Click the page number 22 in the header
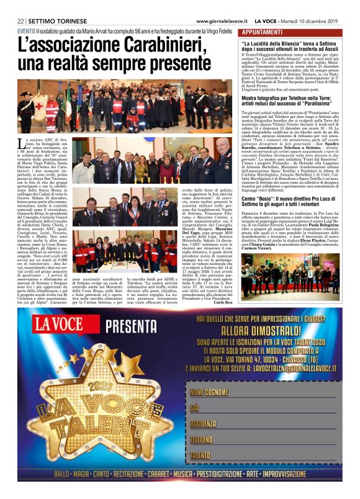20,20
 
